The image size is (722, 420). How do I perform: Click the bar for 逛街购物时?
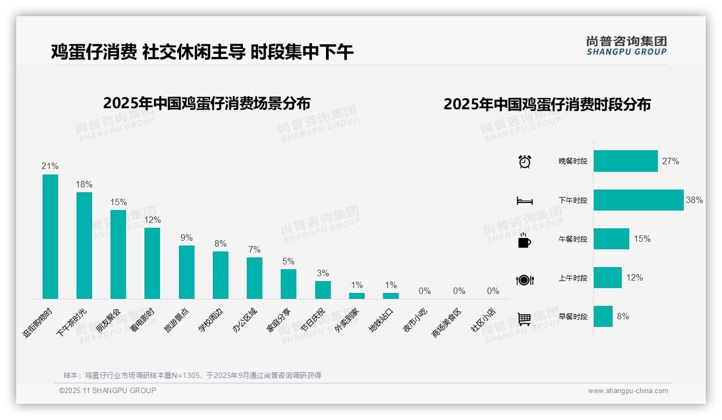(50, 236)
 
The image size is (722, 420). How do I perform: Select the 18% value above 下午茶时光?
(84, 184)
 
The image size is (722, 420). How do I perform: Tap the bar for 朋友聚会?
(118, 254)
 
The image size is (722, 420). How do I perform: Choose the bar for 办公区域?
(254, 278)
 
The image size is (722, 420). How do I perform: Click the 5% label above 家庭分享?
(288, 261)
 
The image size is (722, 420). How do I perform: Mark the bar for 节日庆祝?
(323, 290)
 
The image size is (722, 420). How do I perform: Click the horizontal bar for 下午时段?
(638, 200)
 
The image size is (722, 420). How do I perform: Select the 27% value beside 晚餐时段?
(671, 161)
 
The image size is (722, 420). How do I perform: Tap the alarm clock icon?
(525, 161)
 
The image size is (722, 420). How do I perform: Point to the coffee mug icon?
(524, 240)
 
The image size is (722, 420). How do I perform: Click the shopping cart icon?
(524, 319)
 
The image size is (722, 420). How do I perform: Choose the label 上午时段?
(573, 278)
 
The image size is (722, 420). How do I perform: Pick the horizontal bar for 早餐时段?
(603, 317)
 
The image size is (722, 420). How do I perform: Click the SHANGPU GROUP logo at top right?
(626, 46)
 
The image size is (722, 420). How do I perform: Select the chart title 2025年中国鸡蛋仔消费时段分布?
(547, 104)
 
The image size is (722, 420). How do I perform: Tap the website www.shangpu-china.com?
(628, 391)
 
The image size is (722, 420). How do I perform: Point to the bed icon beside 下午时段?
(524, 201)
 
